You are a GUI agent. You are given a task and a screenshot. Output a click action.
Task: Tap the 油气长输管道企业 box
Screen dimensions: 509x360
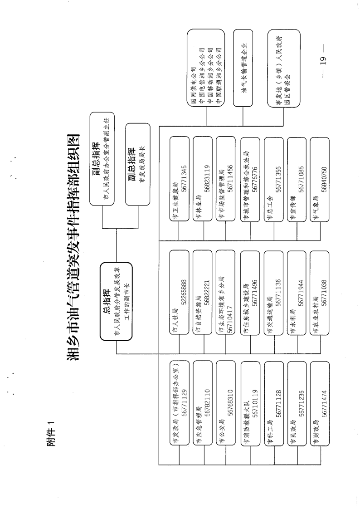coord(244,68)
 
